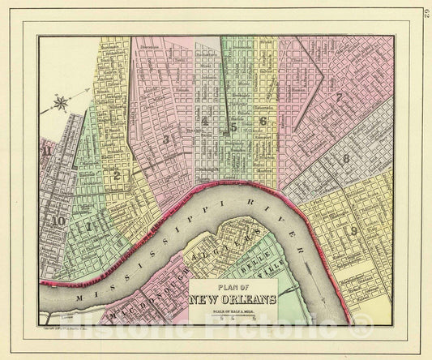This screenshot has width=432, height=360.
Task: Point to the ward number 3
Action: point(165,139)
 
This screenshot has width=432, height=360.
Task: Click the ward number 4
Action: point(207,123)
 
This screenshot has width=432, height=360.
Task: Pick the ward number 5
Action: point(233,126)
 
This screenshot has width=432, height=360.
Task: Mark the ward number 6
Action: point(263,122)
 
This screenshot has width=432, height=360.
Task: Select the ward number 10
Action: point(57,218)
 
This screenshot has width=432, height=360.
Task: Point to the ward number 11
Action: point(49,149)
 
